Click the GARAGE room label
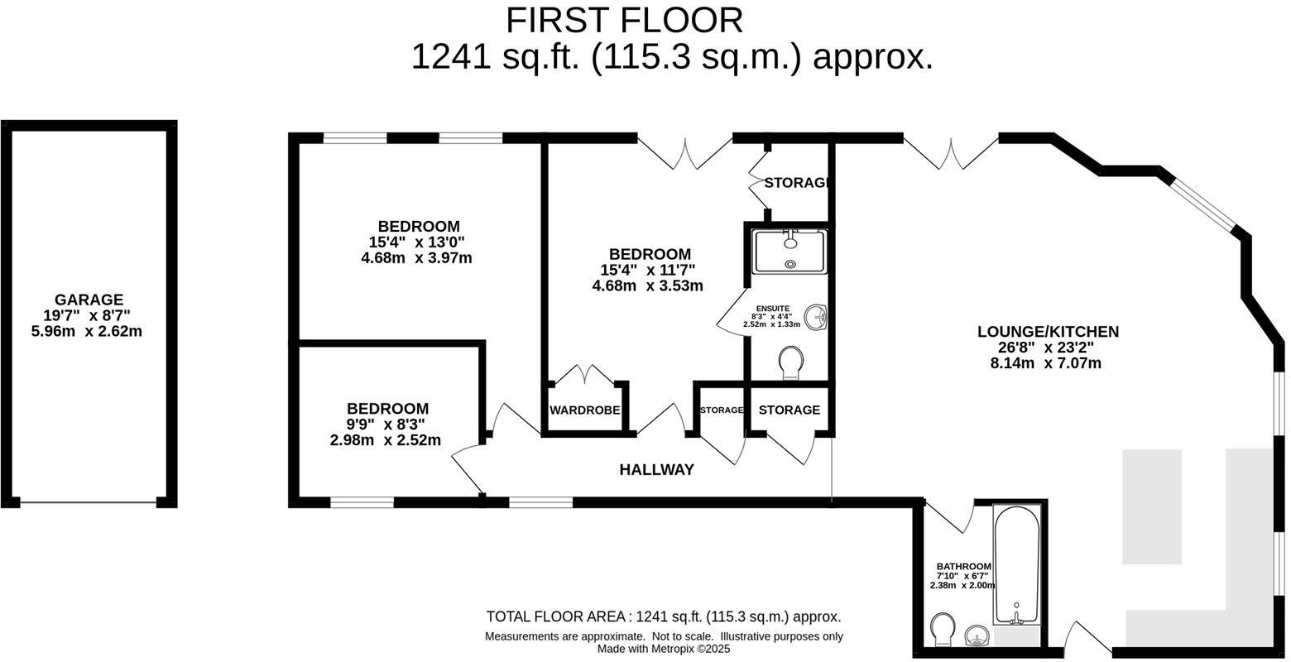(x=89, y=300)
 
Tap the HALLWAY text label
(x=656, y=470)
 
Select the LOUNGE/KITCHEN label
(x=1048, y=332)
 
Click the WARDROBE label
(x=584, y=410)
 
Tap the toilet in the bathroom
(x=943, y=630)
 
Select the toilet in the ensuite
(x=791, y=362)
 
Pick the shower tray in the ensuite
(x=789, y=251)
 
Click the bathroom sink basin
(x=978, y=636)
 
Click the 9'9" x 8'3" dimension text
(x=386, y=425)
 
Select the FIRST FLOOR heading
(x=624, y=20)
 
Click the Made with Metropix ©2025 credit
(x=664, y=650)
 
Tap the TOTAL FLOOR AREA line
(x=663, y=616)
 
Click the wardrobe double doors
(x=585, y=375)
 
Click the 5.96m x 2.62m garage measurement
(x=86, y=332)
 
